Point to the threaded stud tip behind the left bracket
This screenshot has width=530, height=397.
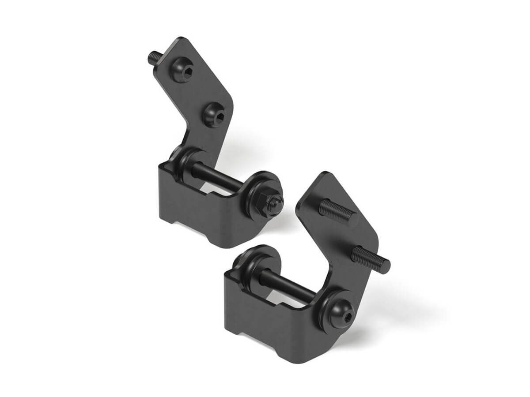click(154, 57)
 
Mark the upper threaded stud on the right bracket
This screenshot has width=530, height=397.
click(338, 211)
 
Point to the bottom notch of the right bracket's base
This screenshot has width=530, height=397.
click(258, 340)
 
